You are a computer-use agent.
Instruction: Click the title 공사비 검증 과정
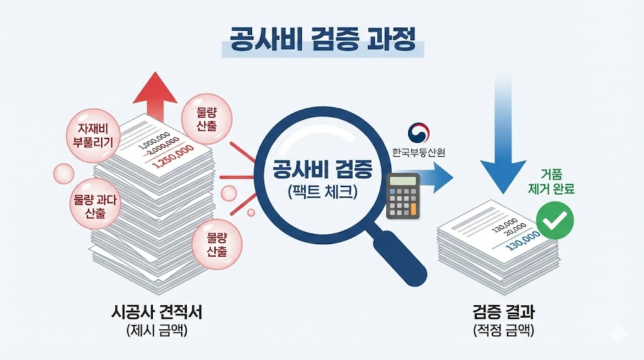point(323,41)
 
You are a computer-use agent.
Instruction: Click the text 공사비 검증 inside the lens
point(323,169)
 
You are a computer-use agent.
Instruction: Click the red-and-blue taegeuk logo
point(418,132)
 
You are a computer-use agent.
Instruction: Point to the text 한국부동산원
point(418,152)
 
